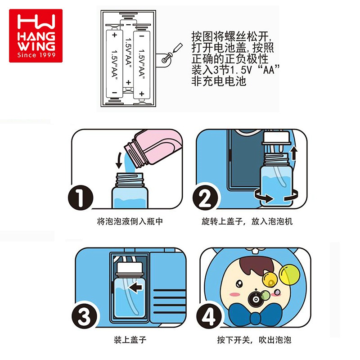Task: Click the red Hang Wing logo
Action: [36, 36]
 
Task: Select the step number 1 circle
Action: [81, 198]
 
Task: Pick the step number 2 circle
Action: [205, 198]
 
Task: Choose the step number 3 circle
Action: [84, 316]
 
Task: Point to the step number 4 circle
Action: [209, 316]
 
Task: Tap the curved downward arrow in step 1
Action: [119, 160]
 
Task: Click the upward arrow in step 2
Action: [294, 153]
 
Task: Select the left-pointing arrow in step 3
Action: [135, 287]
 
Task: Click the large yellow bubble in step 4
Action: [289, 274]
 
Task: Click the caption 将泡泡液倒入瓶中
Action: [130, 221]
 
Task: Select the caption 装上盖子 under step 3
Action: [130, 340]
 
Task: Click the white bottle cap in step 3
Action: [130, 268]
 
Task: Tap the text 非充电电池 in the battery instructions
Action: [219, 81]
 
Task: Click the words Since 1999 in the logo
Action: [36, 55]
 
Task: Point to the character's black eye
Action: [239, 283]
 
